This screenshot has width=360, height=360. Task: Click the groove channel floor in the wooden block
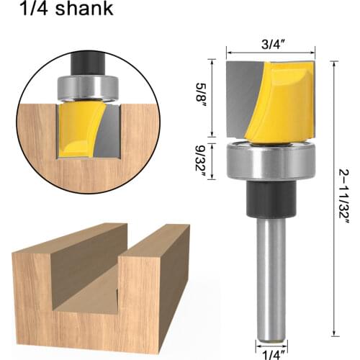(x=86, y=302)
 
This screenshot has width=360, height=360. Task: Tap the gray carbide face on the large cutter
(x=239, y=101)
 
